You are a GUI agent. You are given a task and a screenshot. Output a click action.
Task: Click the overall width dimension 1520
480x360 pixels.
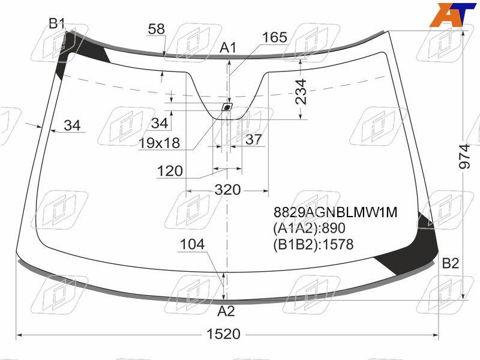pyautogui.click(x=223, y=334)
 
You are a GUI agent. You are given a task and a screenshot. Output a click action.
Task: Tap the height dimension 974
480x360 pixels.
pyautogui.click(x=464, y=156)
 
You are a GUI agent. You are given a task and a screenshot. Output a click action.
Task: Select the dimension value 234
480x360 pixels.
pyautogui.click(x=301, y=92)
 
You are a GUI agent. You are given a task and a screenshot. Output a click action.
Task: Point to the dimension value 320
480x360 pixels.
pyautogui.click(x=227, y=190)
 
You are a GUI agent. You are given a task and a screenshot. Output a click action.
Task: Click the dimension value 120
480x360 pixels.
pyautogui.click(x=170, y=171)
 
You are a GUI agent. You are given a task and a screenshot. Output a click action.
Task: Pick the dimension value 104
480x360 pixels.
pyautogui.click(x=192, y=244)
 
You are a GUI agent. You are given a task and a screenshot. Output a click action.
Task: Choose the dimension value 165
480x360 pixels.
pyautogui.click(x=275, y=37)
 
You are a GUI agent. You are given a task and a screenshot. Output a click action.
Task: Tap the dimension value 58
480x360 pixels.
pyautogui.click(x=156, y=29)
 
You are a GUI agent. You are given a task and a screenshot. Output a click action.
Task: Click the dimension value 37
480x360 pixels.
pyautogui.click(x=253, y=140)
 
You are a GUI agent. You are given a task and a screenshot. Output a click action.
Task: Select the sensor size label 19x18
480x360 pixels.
pyautogui.click(x=159, y=143)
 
